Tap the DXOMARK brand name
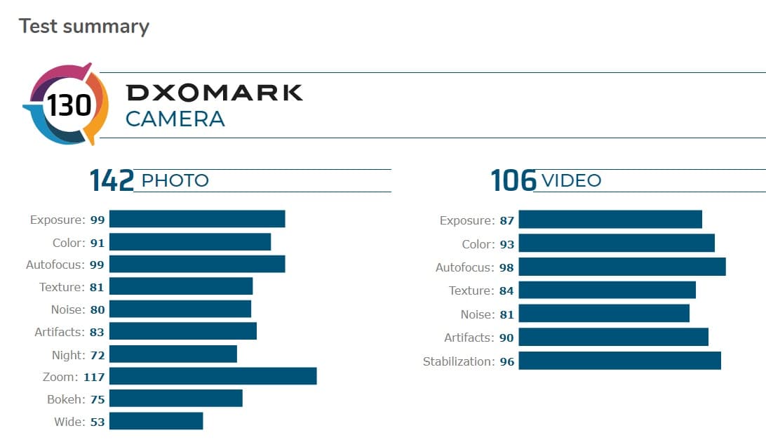[214, 93]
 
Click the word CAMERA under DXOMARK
[175, 119]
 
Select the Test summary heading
[83, 27]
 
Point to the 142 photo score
[112, 181]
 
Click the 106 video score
[513, 181]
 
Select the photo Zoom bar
[213, 376]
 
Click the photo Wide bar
[156, 421]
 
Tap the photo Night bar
[173, 354]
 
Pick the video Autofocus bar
[621, 267]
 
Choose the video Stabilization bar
[619, 361]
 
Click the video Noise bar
[604, 314]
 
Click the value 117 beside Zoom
[94, 377]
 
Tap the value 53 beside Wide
[97, 422]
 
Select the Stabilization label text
[458, 361]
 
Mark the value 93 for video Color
[506, 244]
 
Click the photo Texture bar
[180, 286]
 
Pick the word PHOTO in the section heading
[175, 180]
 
